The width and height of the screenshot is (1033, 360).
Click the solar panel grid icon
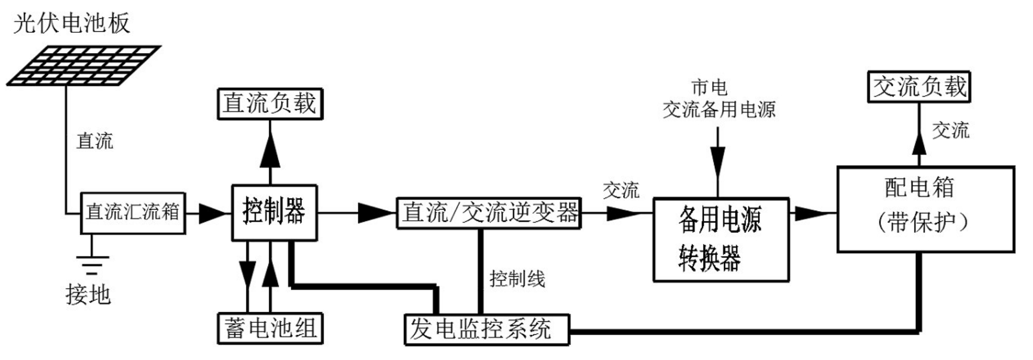coord(83,66)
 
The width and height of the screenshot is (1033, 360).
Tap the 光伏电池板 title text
coord(71,23)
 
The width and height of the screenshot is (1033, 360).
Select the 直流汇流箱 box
coord(133,213)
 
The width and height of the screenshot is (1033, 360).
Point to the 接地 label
coord(88,294)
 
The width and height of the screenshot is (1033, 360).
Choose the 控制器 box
coord(274,213)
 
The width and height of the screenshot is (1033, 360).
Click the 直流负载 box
coord(270,104)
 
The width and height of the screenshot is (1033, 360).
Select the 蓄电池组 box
coord(270,328)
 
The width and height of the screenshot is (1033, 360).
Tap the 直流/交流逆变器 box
coord(489,213)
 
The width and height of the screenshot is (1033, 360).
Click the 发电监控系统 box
coord(486,329)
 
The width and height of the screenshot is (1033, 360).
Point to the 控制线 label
coord(517,279)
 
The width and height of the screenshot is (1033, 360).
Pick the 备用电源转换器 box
coord(721,240)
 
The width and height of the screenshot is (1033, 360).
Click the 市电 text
coord(709,87)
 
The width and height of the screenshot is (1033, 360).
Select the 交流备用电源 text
coord(719,110)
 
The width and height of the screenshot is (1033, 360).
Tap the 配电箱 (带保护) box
coord(926,209)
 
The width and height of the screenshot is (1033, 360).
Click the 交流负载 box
coord(919,87)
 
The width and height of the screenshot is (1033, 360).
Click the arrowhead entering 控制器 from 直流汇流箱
coord(214,213)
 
